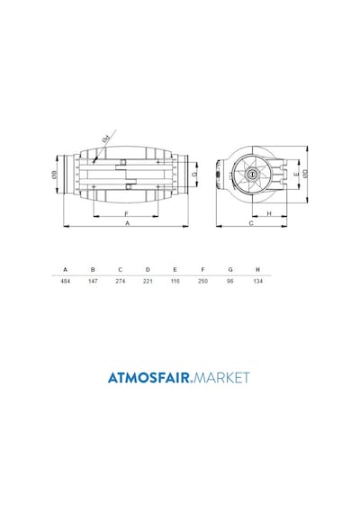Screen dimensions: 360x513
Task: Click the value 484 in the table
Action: click(66, 281)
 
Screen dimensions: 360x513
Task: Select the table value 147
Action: click(93, 281)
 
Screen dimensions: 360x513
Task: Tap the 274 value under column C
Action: click(121, 281)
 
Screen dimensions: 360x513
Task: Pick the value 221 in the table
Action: click(148, 281)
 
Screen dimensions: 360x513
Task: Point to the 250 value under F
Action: click(202, 281)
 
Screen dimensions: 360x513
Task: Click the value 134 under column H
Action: click(258, 281)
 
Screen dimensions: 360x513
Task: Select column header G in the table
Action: click(230, 270)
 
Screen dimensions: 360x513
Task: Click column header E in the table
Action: click(175, 270)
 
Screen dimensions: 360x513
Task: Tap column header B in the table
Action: click(93, 270)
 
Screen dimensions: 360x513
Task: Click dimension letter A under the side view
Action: click(128, 223)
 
